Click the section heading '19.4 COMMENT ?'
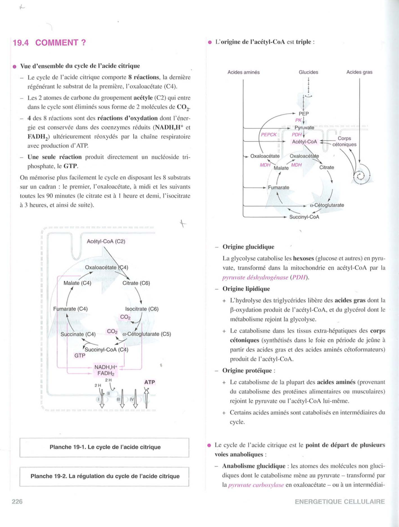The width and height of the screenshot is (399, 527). click(49, 43)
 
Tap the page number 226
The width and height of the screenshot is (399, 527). click(17, 501)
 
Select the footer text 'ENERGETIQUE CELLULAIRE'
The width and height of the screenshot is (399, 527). click(340, 502)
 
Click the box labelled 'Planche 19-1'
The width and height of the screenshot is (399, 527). click(105, 447)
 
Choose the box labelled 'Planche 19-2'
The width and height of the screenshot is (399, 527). click(105, 476)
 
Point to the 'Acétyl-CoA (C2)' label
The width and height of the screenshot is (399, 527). click(106, 241)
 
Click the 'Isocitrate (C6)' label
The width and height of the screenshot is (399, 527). click(142, 309)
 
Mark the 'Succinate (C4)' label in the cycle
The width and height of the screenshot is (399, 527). click(78, 334)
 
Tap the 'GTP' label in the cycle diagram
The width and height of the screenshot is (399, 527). click(80, 356)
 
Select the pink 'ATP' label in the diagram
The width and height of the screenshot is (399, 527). click(149, 382)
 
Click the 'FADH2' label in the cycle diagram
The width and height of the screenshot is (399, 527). click(106, 373)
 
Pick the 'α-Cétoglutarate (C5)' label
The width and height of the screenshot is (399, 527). click(146, 334)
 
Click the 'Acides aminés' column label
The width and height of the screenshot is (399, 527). click(243, 72)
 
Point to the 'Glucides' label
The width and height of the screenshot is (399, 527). click(308, 72)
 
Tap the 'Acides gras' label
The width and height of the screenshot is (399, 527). click(359, 72)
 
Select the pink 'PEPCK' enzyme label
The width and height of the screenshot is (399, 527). click(269, 135)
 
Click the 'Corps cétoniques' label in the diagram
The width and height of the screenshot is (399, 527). click(344, 141)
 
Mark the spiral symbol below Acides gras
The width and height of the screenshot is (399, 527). click(360, 176)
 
